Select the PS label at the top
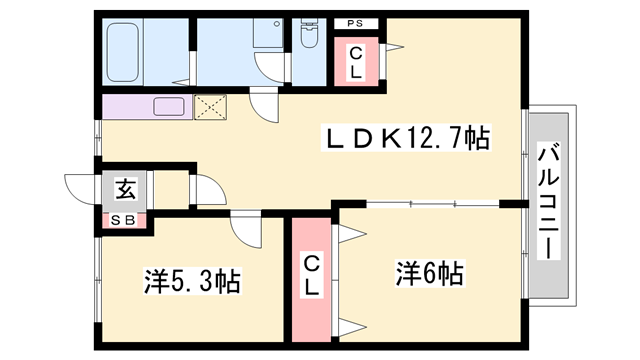click(x=355, y=23)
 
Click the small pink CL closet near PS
click(x=356, y=64)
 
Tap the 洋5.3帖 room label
click(x=189, y=281)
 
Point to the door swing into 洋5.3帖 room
click(x=245, y=230)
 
